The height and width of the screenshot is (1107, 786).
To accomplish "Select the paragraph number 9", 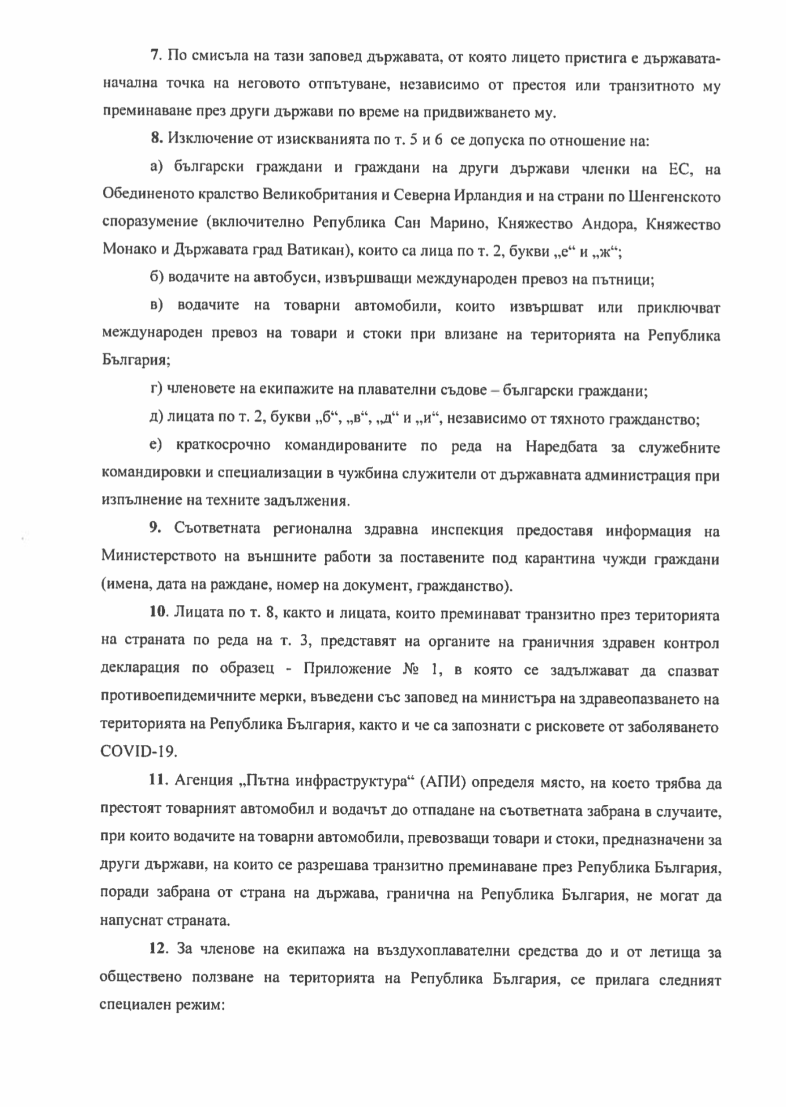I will [x=155, y=530].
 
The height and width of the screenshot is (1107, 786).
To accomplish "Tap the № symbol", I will [x=407, y=670].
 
